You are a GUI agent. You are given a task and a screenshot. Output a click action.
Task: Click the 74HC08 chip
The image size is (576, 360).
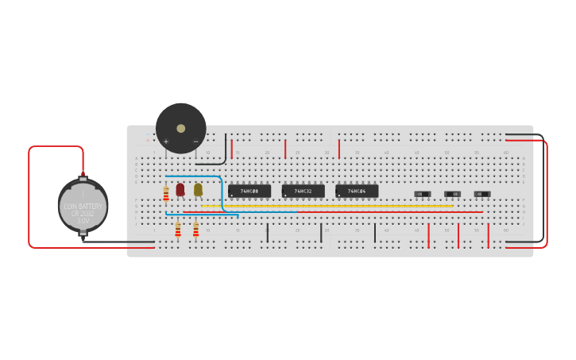[x=249, y=192]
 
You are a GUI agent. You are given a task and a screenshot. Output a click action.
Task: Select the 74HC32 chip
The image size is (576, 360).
[x=303, y=192]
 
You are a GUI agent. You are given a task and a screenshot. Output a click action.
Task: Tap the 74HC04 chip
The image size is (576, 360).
[x=357, y=192]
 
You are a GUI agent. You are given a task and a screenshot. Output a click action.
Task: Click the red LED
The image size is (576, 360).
[x=180, y=189]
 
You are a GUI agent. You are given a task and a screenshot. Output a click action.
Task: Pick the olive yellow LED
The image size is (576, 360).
[x=198, y=189]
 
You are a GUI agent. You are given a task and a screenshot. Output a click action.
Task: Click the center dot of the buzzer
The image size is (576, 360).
[x=181, y=128]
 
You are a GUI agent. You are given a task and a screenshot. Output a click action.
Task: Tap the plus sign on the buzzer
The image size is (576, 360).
[x=166, y=141]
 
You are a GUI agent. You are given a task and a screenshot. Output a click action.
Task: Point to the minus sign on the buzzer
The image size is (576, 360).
[x=196, y=141]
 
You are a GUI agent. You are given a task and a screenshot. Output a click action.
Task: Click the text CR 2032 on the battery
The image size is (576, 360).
[x=83, y=213]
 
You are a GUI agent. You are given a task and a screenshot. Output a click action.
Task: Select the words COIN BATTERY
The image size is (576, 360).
[x=83, y=207]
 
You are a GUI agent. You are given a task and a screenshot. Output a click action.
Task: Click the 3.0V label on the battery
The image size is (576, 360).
[x=83, y=220]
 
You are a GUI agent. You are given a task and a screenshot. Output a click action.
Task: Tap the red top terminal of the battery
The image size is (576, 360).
[x=83, y=175]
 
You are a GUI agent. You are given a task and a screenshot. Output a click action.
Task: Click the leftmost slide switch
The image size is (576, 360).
[x=423, y=194]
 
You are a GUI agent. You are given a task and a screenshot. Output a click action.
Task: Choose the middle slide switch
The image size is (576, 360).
[x=452, y=194]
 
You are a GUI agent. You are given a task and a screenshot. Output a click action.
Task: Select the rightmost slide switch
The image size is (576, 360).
[x=482, y=194]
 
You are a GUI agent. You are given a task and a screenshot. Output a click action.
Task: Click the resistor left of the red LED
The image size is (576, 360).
[x=166, y=194]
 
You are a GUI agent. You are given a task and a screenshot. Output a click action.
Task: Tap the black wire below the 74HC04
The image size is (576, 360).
[x=375, y=232]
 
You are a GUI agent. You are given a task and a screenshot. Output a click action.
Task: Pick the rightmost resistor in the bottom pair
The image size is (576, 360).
[x=195, y=230]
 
